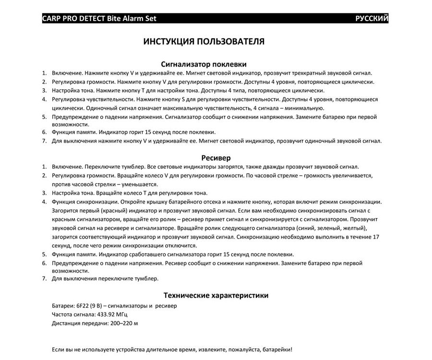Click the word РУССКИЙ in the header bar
point(372,19)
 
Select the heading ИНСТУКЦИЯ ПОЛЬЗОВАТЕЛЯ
point(204,42)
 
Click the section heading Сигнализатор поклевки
point(204,64)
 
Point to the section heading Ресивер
point(216,158)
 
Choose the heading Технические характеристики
point(216,296)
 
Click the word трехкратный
point(314,73)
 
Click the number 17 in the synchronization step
point(376,237)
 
